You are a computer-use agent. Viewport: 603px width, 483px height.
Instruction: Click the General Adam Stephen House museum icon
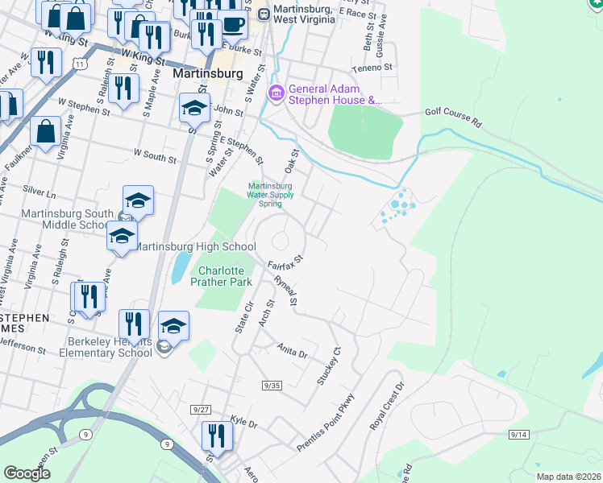click(277, 95)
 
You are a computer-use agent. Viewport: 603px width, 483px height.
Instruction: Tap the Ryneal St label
click(286, 291)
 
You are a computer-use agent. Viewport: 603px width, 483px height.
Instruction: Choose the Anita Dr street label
click(293, 352)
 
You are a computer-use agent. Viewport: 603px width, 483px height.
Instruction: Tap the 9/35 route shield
click(271, 386)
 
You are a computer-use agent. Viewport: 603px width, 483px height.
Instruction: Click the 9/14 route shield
click(518, 435)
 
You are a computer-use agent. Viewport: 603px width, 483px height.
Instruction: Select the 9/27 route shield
click(201, 410)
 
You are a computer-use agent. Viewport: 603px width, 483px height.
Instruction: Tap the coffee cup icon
click(233, 26)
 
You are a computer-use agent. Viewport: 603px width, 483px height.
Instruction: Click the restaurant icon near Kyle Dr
click(216, 436)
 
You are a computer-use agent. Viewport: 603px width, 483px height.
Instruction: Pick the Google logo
click(27, 473)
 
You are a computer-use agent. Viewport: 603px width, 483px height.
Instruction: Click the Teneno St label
click(376, 68)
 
